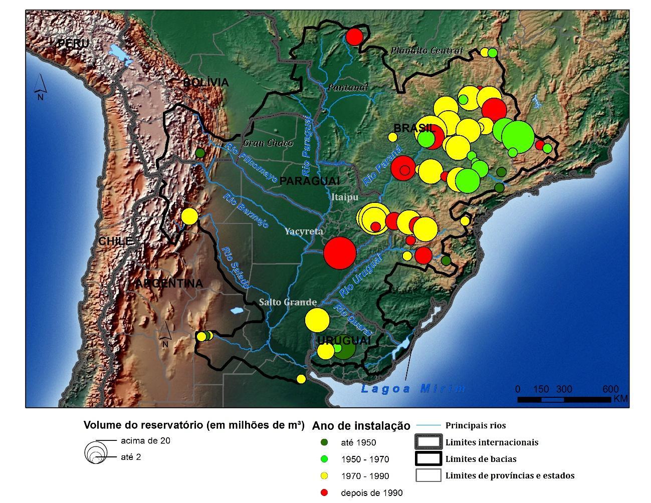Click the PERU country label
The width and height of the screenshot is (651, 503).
coord(73,44)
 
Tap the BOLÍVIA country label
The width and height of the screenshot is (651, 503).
coord(205,83)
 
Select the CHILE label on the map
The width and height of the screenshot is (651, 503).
coord(115,241)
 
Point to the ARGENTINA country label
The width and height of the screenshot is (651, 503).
coord(169,284)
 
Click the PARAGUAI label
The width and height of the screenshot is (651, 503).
coord(310,181)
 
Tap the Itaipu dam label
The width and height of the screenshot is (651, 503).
coord(345,197)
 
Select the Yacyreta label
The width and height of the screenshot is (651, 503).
coord(304,231)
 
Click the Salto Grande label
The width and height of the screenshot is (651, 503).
coord(288,302)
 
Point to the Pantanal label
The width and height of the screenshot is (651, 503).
coord(348,88)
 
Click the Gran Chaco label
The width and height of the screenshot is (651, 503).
coord(268,143)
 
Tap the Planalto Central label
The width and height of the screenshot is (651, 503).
coord(426,50)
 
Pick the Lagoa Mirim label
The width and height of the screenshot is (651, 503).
coord(413,388)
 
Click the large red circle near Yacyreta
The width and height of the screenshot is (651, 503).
coord(340,253)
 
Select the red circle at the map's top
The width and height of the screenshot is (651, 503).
coord(354,37)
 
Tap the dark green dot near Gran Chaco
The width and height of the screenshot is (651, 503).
coord(200,153)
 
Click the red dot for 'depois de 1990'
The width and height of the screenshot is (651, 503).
coord(324,493)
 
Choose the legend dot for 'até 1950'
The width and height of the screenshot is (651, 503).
coord(324,442)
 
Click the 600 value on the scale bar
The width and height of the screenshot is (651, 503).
coord(610,389)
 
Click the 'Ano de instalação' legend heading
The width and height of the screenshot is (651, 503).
coord(361,426)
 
